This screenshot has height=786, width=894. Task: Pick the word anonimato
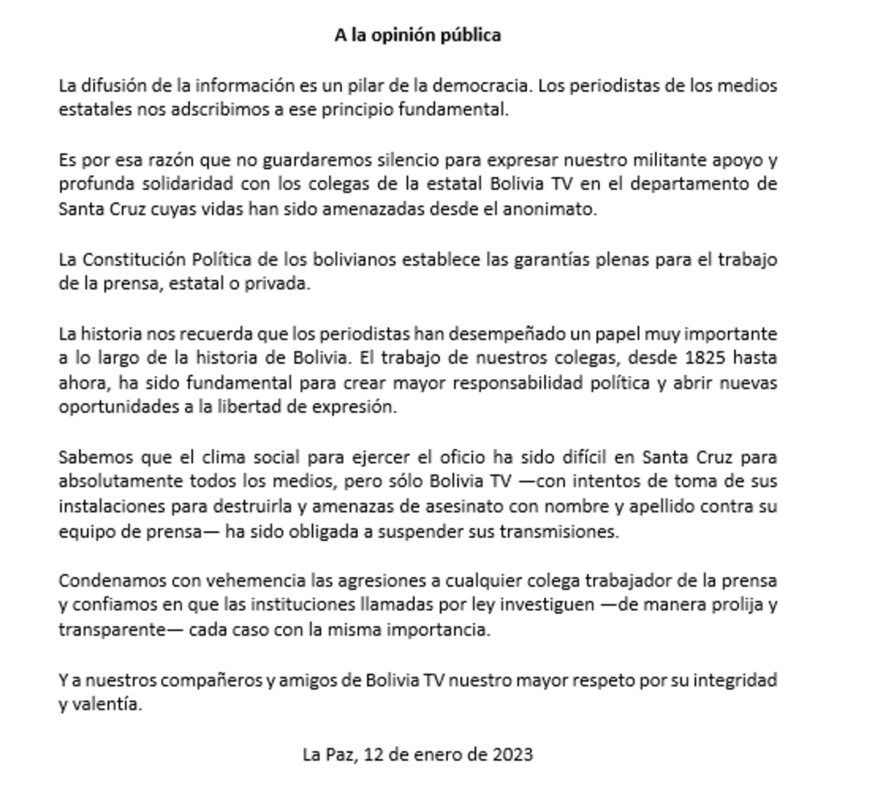click(x=549, y=209)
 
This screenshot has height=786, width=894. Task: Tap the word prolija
click(x=737, y=605)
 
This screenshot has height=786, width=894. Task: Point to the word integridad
click(x=735, y=680)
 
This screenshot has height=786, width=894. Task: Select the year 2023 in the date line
click(x=512, y=755)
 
